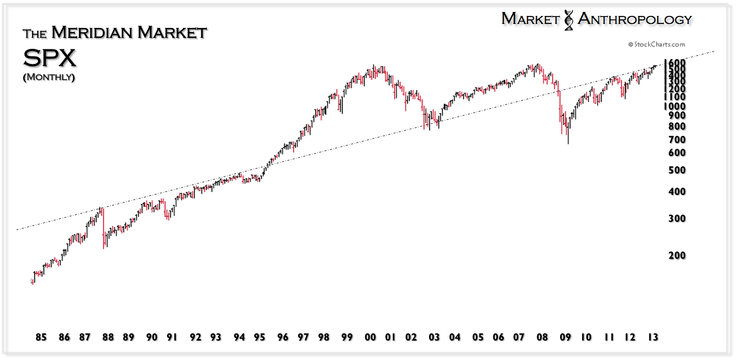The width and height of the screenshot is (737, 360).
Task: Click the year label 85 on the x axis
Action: click(x=41, y=338)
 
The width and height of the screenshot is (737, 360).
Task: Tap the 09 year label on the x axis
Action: click(x=565, y=338)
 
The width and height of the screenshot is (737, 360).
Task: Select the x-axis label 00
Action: click(x=370, y=338)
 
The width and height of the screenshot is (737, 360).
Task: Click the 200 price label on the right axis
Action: click(x=677, y=255)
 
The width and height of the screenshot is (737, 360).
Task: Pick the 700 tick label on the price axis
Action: click(x=677, y=140)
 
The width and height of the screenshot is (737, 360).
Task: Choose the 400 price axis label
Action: click(x=677, y=191)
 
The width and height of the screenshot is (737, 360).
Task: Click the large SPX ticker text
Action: click(x=49, y=58)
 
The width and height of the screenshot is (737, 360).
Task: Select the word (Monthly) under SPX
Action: click(x=49, y=77)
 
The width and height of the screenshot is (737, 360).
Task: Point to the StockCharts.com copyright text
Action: click(x=656, y=44)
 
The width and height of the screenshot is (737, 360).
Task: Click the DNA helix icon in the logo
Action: click(x=568, y=20)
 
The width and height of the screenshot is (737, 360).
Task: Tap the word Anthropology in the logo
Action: click(x=634, y=19)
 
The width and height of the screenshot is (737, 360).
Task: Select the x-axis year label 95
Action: click(x=259, y=338)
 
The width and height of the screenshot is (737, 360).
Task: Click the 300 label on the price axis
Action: click(x=677, y=218)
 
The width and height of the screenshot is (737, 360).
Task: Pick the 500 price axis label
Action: click(x=677, y=170)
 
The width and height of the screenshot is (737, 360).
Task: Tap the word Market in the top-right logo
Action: click(x=530, y=19)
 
